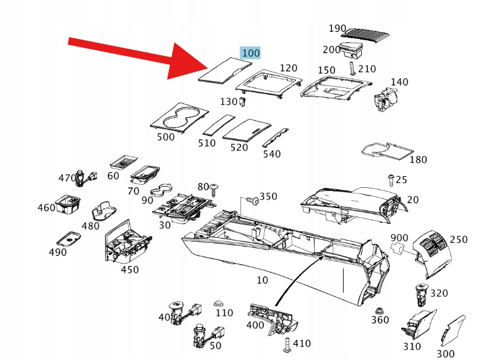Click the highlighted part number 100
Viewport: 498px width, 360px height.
click(250, 53)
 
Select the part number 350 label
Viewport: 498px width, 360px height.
click(269, 196)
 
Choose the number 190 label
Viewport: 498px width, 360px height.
click(337, 29)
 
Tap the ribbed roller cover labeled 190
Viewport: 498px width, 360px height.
click(370, 32)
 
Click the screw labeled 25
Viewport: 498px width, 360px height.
click(389, 179)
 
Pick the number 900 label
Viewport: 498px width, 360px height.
click(399, 237)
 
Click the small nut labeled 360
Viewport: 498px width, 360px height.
click(380, 310)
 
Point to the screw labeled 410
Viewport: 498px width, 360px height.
click(287, 346)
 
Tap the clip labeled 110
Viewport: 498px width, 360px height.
click(218, 303)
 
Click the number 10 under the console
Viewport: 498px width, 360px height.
click(262, 280)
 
